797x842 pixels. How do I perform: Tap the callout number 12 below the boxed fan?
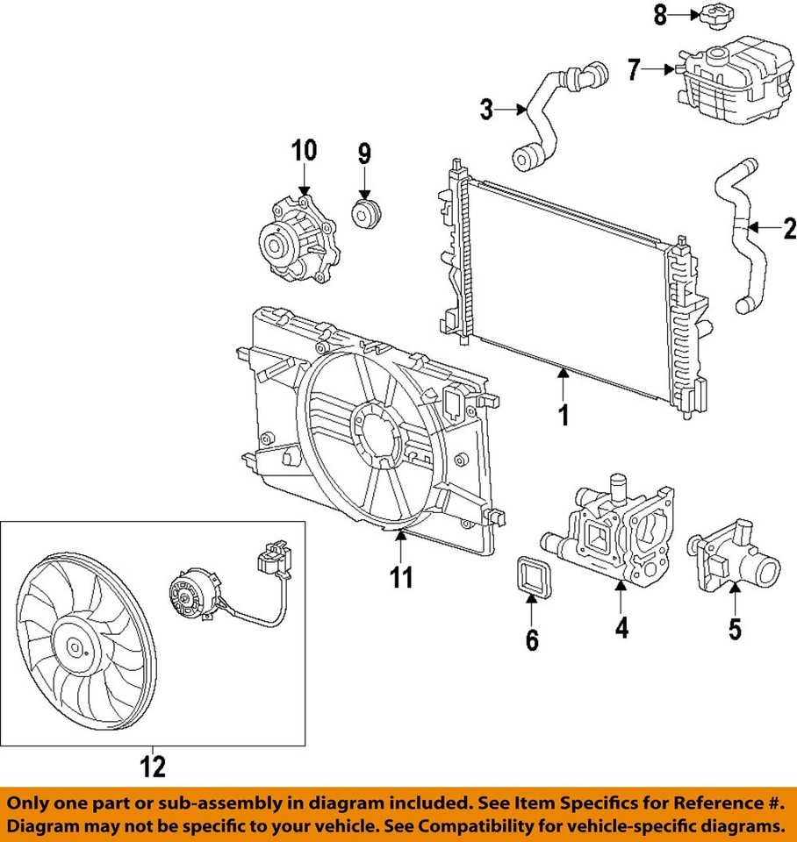152,767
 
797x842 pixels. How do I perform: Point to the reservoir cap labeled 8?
711,15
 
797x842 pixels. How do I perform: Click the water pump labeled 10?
297,241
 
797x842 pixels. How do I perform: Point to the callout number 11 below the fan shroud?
401,576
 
